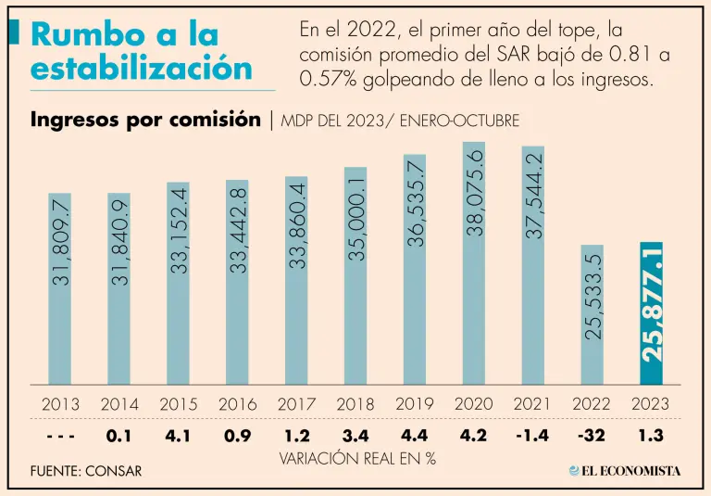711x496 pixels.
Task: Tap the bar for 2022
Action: click(592, 314)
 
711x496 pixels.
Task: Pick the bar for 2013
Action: click(61, 288)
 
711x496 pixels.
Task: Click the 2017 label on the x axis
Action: click(296, 404)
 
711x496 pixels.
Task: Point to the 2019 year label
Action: click(415, 404)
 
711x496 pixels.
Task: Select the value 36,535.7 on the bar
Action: click(416, 203)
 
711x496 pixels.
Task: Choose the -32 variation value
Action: click(592, 435)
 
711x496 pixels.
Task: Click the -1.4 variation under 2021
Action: click(533, 435)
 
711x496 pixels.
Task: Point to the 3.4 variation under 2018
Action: click(355, 435)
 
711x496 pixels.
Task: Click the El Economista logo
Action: click(625, 470)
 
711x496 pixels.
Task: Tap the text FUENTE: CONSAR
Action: click(86, 471)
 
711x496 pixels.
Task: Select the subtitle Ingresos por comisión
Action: click(145, 121)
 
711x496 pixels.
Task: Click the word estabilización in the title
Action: click(141, 68)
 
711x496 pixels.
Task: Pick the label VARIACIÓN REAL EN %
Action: click(356, 459)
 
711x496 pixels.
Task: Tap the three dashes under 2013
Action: click(60, 435)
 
